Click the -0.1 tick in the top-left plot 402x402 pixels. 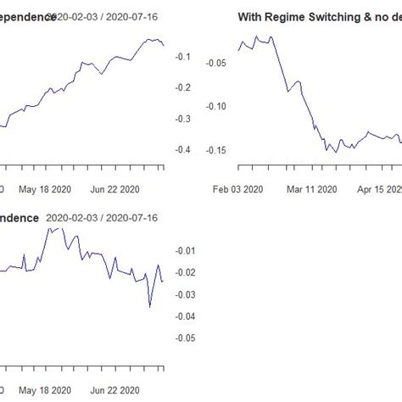coord(181,57)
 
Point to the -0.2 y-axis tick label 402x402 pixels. coord(181,88)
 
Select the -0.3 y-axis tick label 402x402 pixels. coord(181,120)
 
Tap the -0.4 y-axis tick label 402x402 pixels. coord(181,150)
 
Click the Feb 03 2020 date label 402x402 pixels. coord(239,190)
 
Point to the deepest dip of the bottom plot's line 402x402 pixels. coord(150,306)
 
